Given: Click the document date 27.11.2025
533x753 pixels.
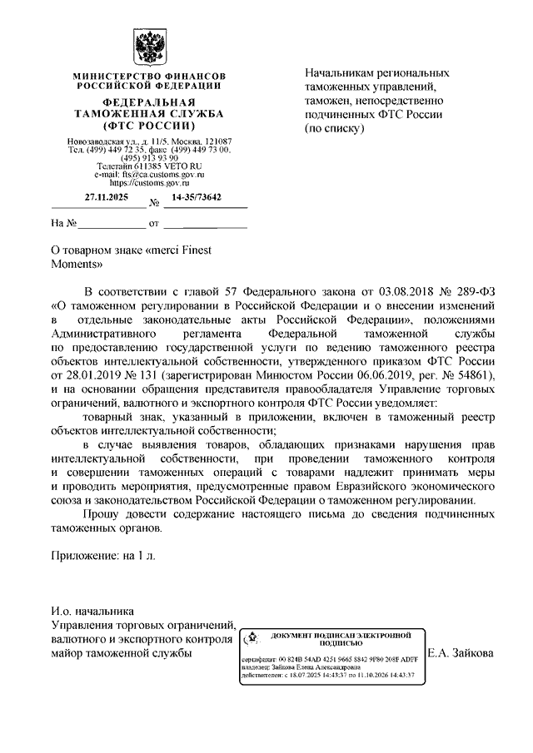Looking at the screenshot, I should tap(105, 198).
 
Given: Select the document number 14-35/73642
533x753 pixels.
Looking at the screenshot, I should tap(197, 198).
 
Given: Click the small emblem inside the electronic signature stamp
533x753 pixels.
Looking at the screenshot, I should tap(250, 640).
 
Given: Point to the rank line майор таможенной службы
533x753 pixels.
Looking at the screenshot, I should tap(121, 653).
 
